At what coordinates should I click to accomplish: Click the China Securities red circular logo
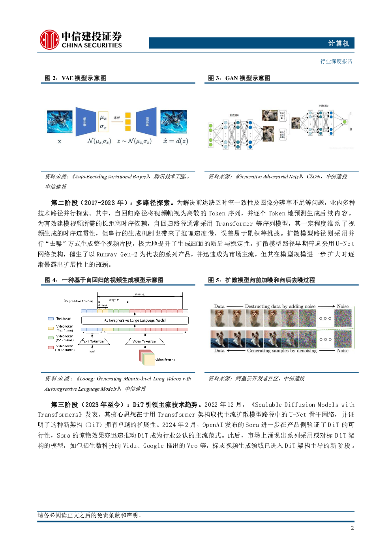tap(49, 40)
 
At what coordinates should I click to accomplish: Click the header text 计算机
tap(339, 43)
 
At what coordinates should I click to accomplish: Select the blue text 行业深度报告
tap(336, 61)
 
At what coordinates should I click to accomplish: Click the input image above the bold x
tap(60, 122)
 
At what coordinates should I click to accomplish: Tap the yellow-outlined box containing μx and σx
tap(103, 122)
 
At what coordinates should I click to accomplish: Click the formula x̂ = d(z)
tap(176, 141)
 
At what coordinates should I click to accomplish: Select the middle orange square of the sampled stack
tap(128, 122)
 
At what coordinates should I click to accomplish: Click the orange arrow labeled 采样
tap(117, 122)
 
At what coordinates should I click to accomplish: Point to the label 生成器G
tap(234, 115)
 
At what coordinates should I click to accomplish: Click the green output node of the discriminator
tap(345, 122)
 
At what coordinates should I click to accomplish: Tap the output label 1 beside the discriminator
tap(351, 114)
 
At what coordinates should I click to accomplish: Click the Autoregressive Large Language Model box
tap(135, 320)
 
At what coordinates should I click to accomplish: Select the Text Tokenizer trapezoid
tap(94, 341)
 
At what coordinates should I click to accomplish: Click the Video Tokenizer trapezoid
tap(145, 341)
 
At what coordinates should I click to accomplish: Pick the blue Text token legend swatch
tap(51, 318)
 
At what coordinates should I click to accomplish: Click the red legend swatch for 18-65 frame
tap(51, 348)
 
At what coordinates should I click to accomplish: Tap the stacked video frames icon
tap(147, 357)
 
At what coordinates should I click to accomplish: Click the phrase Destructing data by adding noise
tap(280, 306)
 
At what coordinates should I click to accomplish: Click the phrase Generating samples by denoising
tap(281, 350)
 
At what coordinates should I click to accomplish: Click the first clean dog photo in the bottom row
tap(219, 339)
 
